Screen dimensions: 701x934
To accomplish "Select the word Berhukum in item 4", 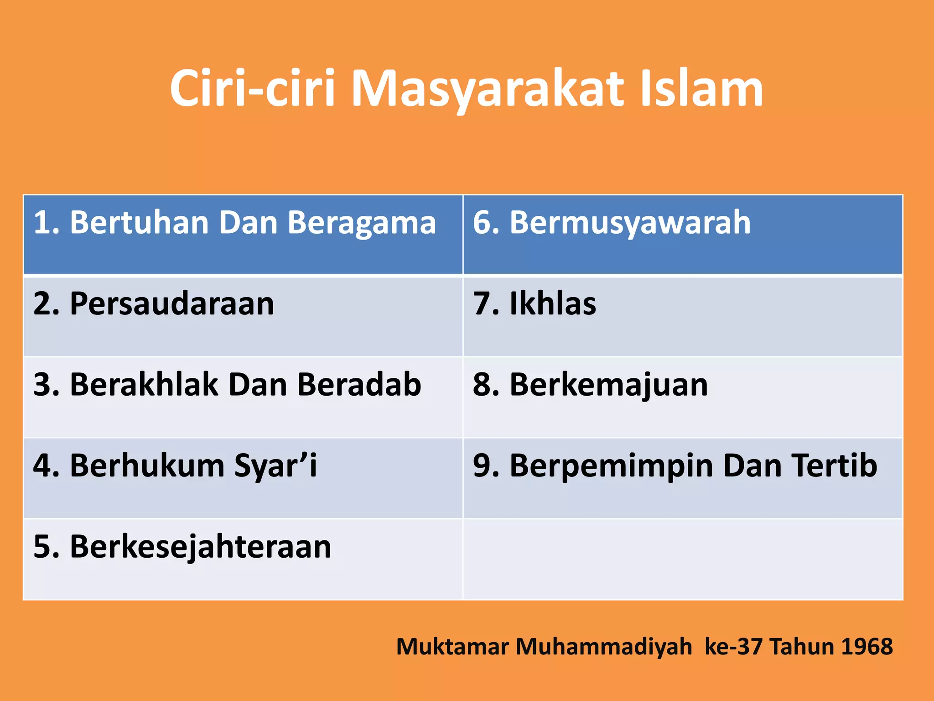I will coord(147,466).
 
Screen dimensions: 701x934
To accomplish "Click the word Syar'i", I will coord(275,466).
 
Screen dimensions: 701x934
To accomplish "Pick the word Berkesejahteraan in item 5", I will coord(200,547).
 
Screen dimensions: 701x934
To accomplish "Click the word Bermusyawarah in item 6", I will coord(630,224).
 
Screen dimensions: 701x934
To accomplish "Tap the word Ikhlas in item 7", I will coord(553,303).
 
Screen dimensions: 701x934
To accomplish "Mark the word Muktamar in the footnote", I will coord(452,647).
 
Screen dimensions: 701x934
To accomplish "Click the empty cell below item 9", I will coord(683,559).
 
